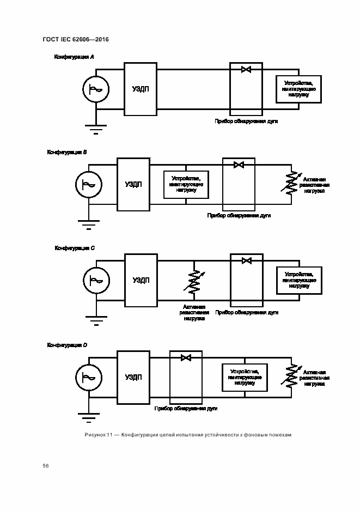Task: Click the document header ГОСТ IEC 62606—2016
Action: point(76,39)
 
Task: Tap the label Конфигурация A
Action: point(74,57)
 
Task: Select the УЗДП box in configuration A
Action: point(141,89)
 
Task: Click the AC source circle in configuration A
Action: point(96,89)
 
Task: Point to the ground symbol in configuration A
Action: point(96,129)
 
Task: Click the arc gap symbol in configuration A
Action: point(246,69)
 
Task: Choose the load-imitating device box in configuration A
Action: point(298,89)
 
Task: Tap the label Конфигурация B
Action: point(67,153)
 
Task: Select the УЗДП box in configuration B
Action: point(133,184)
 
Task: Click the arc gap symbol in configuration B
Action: point(239,165)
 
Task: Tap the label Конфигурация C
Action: point(75,248)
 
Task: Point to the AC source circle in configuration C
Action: point(96,280)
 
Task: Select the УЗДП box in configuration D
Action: point(133,377)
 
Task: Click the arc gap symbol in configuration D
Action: point(186,357)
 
